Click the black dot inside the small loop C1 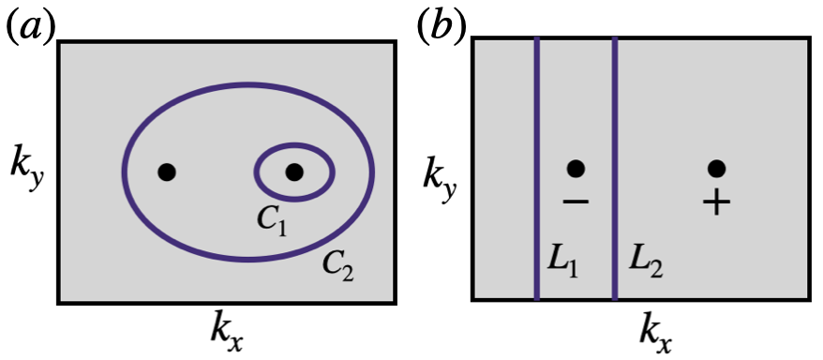click(294, 172)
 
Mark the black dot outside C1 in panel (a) click(167, 172)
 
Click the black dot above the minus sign click(576, 169)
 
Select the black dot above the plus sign click(716, 169)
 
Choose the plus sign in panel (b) click(716, 202)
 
